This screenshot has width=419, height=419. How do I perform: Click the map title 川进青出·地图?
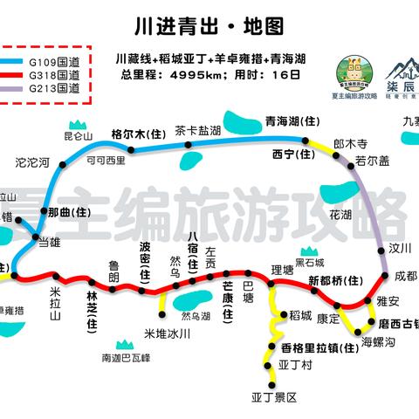[x=210, y=26]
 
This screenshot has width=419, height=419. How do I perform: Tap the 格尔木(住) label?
[x=138, y=134]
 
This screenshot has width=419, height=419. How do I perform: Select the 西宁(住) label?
[x=292, y=155]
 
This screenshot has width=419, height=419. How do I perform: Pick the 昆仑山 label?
[x=78, y=137]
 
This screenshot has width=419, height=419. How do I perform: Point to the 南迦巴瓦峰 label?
[x=126, y=358]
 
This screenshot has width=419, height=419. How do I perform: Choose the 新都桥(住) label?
[x=334, y=280]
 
